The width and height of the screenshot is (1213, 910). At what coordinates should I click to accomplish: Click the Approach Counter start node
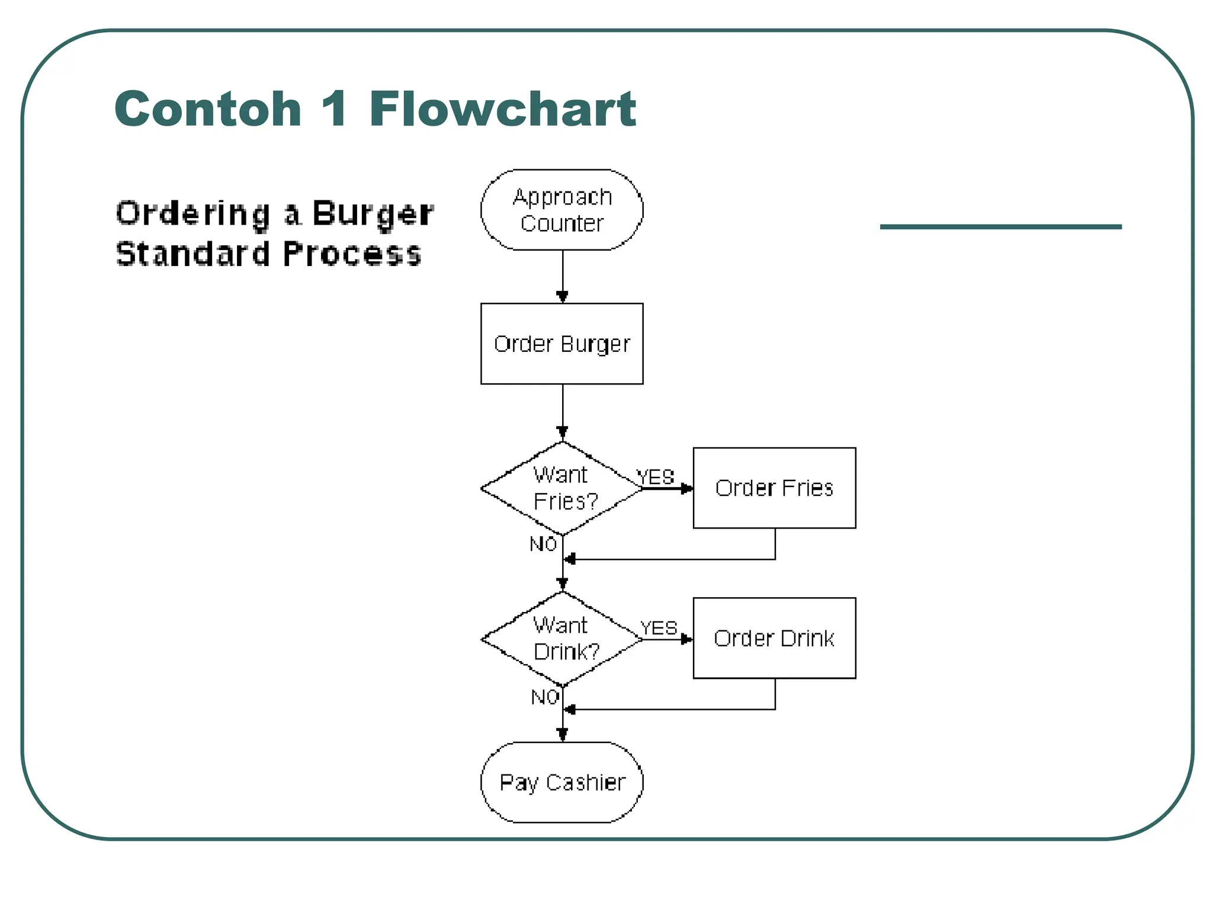pyautogui.click(x=561, y=210)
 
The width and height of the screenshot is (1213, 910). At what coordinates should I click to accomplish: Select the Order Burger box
pyautogui.click(x=561, y=344)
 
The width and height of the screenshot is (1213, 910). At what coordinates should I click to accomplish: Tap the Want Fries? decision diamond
pyautogui.click(x=562, y=488)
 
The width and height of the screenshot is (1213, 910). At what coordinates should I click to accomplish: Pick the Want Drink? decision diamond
pyautogui.click(x=562, y=639)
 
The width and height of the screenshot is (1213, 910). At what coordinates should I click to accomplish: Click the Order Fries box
pyautogui.click(x=774, y=488)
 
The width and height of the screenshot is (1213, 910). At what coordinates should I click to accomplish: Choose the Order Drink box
pyautogui.click(x=774, y=638)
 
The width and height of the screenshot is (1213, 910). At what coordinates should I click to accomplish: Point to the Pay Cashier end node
pyautogui.click(x=561, y=782)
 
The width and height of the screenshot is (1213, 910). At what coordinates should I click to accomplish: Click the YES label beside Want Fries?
pyautogui.click(x=655, y=477)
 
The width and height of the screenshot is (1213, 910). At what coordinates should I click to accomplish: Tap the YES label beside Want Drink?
pyautogui.click(x=658, y=628)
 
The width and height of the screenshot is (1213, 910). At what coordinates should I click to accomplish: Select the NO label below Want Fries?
pyautogui.click(x=543, y=544)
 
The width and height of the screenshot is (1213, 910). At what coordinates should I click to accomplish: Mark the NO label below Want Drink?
pyautogui.click(x=545, y=697)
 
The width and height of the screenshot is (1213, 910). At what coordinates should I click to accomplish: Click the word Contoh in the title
pyautogui.click(x=208, y=109)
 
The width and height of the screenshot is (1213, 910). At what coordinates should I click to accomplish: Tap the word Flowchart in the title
pyautogui.click(x=502, y=109)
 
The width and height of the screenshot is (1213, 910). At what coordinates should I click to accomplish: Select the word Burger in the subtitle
pyautogui.click(x=373, y=213)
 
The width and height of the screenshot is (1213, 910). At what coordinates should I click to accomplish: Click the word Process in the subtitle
pyautogui.click(x=352, y=254)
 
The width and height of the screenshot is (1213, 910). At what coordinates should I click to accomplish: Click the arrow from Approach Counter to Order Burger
pyautogui.click(x=563, y=276)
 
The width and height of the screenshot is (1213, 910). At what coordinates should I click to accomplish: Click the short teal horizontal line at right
pyautogui.click(x=1000, y=226)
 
